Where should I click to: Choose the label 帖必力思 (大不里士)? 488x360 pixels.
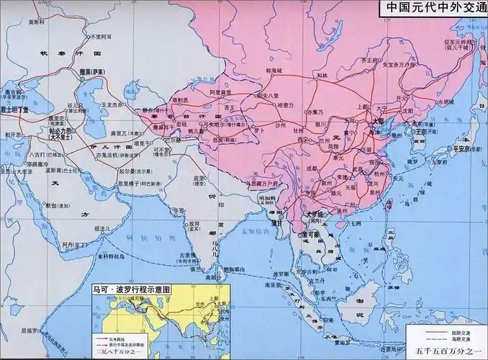60,134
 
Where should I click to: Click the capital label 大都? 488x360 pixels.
375,122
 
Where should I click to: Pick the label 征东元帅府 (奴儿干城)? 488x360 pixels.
458,45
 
